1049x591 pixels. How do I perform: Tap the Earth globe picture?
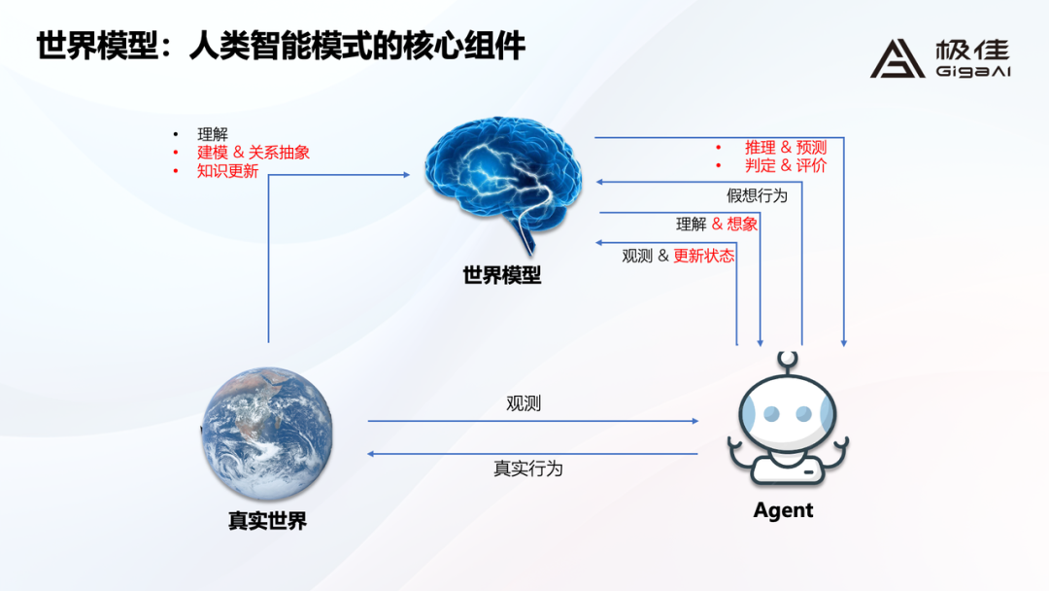pyautogui.click(x=268, y=433)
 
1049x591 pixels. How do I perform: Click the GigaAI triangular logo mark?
pyautogui.click(x=897, y=59)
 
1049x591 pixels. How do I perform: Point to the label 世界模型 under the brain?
pyautogui.click(x=502, y=275)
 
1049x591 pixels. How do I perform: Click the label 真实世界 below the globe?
pyautogui.click(x=268, y=521)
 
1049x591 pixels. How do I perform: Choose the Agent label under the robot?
pyautogui.click(x=784, y=510)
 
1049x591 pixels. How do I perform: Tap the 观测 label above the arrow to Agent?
pyautogui.click(x=524, y=403)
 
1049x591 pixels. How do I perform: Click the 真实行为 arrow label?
pyautogui.click(x=527, y=469)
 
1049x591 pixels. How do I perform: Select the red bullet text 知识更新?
pyautogui.click(x=227, y=171)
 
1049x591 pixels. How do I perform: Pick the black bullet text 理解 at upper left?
pyautogui.click(x=213, y=134)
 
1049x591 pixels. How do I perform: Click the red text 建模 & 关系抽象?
pyautogui.click(x=254, y=153)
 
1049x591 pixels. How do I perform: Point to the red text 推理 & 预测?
pyautogui.click(x=786, y=147)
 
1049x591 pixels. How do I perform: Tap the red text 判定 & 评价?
pyautogui.click(x=786, y=165)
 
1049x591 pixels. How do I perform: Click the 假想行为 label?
pyautogui.click(x=758, y=195)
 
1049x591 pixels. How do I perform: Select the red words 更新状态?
pyautogui.click(x=704, y=256)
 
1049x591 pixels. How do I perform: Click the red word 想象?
pyautogui.click(x=742, y=224)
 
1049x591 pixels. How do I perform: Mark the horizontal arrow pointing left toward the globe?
pyautogui.click(x=532, y=454)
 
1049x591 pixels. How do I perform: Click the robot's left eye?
pyautogui.click(x=771, y=414)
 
